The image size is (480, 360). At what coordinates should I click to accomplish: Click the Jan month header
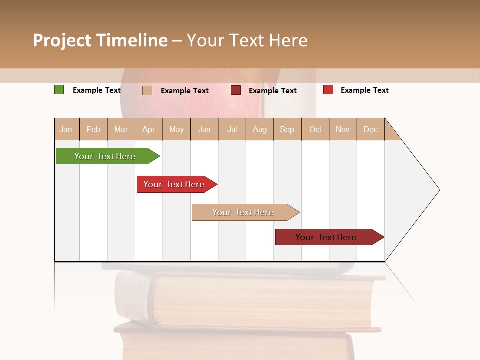click(x=66, y=129)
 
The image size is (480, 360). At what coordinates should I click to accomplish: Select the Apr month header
click(x=149, y=129)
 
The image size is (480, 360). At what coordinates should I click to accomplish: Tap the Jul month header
click(x=232, y=129)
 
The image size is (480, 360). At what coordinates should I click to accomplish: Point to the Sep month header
click(x=287, y=129)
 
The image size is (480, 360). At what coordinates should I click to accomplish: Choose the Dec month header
click(x=371, y=129)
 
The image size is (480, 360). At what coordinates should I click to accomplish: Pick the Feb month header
click(x=93, y=129)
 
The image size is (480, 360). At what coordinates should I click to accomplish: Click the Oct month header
click(x=315, y=129)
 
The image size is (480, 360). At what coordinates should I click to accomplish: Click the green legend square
click(x=59, y=90)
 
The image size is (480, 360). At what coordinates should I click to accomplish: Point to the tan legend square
click(x=147, y=90)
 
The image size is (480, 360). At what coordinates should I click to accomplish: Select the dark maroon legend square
click(x=236, y=90)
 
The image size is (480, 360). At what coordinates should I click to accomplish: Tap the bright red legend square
click(x=328, y=90)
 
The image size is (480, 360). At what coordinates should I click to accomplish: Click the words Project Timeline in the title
click(x=100, y=40)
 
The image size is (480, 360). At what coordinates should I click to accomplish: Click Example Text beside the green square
click(x=97, y=90)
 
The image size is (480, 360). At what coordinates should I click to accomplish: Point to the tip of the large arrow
click(x=439, y=190)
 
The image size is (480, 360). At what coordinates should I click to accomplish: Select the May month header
click(x=176, y=129)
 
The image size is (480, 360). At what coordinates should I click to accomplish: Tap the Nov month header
click(x=343, y=129)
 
